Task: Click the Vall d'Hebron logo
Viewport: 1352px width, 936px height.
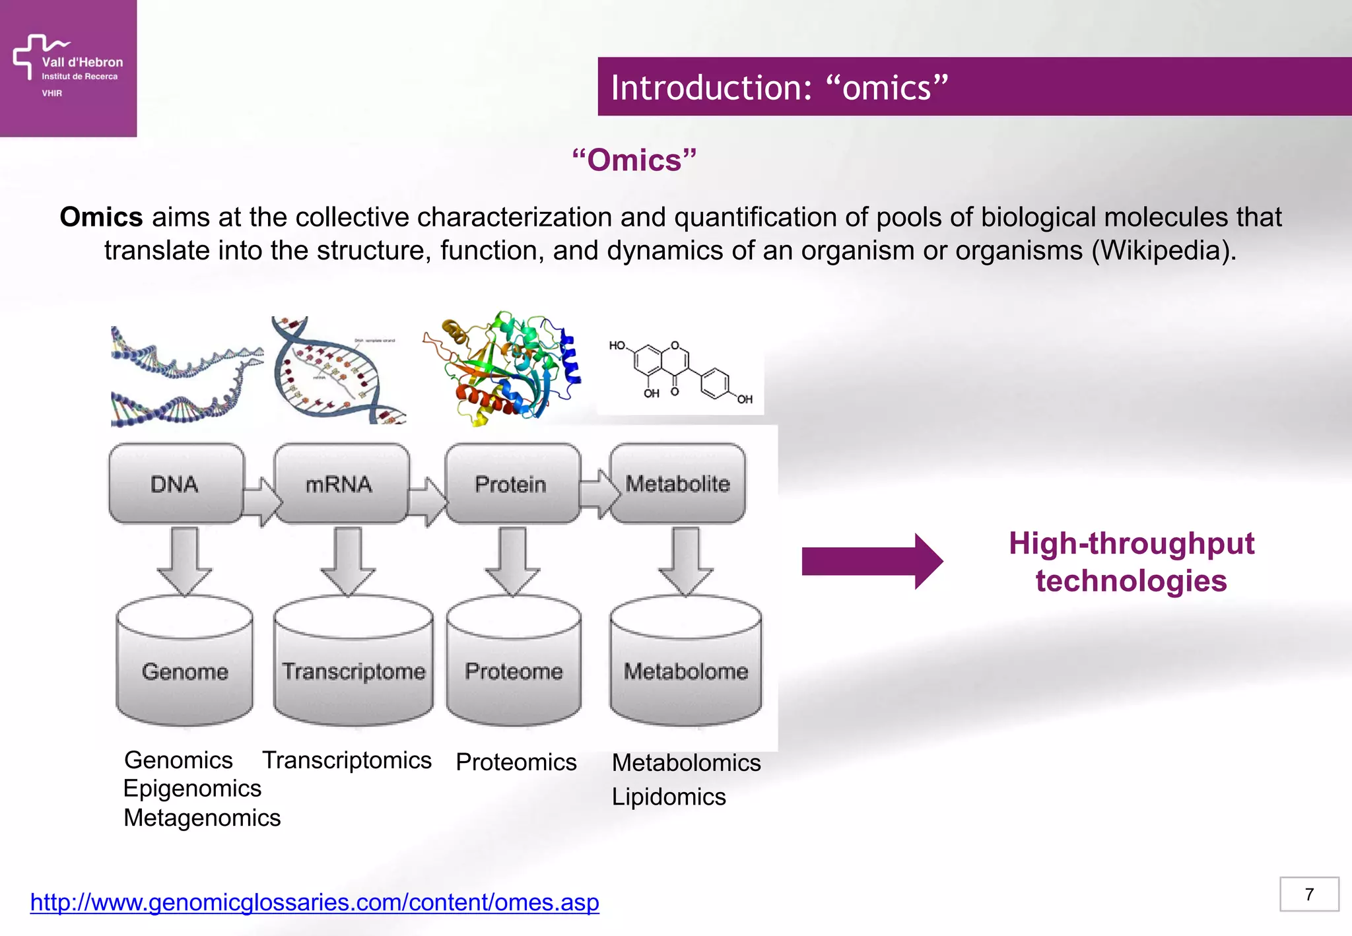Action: click(67, 66)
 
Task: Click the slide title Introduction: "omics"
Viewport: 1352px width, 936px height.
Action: click(779, 87)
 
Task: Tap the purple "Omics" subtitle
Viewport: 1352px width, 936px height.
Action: click(634, 160)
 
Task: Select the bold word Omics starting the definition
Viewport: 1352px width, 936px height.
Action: click(101, 217)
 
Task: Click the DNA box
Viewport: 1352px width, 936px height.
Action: click(175, 484)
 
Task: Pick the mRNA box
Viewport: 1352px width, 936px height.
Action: click(339, 484)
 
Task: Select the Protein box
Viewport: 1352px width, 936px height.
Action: click(511, 484)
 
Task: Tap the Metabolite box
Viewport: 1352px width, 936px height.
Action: click(678, 484)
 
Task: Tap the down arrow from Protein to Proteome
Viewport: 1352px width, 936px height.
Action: click(512, 561)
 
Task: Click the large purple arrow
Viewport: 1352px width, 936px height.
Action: click(871, 561)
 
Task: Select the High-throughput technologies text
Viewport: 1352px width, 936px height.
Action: click(1131, 562)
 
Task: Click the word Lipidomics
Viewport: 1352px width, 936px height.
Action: click(668, 797)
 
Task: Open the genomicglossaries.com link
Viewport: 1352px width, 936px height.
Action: click(314, 902)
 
